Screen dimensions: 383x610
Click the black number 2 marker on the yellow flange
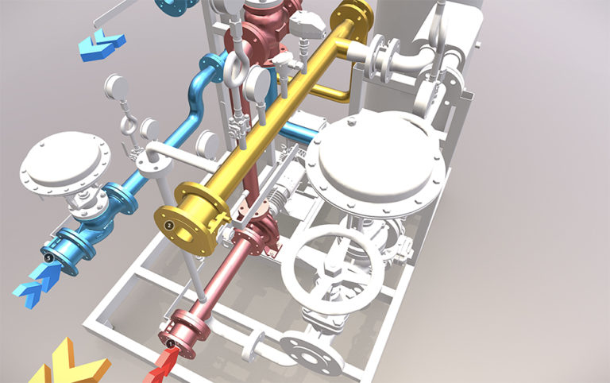(168, 226)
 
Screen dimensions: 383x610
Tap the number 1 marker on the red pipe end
(171, 343)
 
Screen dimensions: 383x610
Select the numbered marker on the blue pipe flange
(50, 257)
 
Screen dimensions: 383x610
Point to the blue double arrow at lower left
(33, 284)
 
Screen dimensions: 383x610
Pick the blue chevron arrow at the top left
(102, 45)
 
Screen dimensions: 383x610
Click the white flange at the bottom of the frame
(315, 349)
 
